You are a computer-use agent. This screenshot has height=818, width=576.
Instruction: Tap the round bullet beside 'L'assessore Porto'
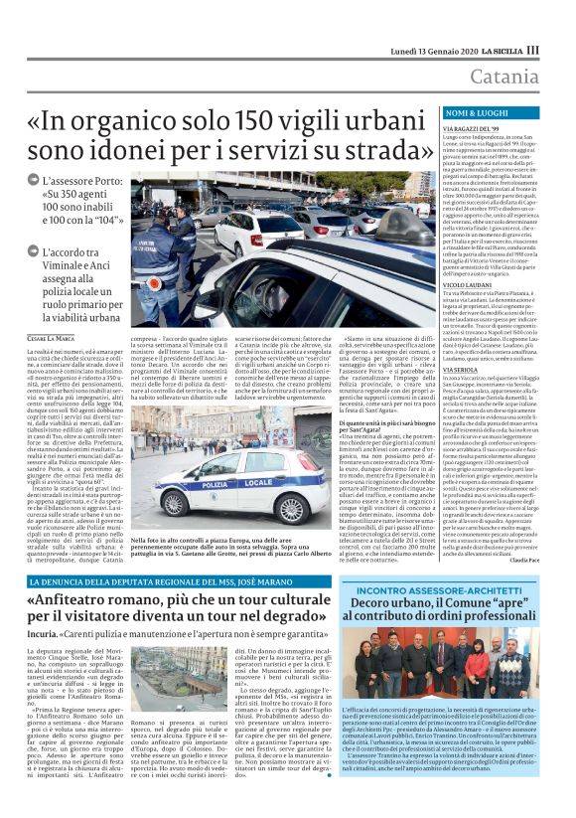pos(34,181)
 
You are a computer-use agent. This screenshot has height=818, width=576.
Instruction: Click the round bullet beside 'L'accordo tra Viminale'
pos(34,251)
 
